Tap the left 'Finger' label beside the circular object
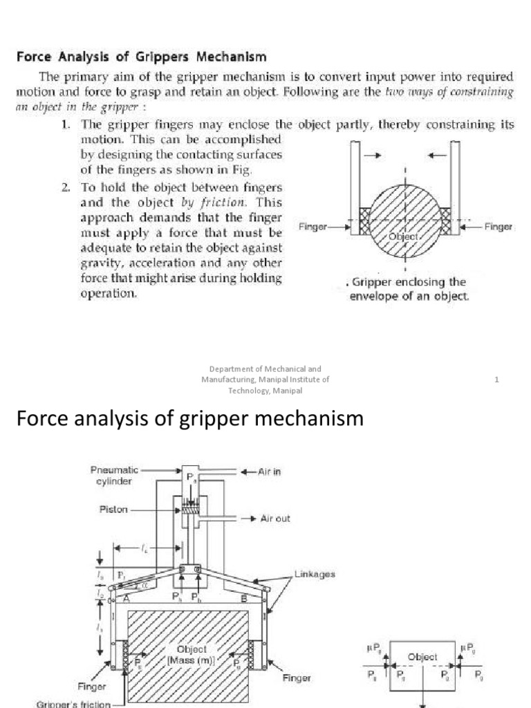point(313,226)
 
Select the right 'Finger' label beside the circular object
point(498,226)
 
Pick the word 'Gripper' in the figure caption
point(374,282)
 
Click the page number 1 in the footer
point(497,379)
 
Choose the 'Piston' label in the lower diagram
point(113,512)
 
